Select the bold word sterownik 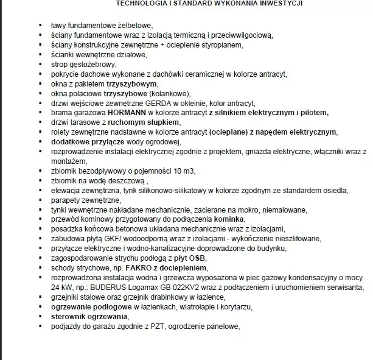coord(69,316)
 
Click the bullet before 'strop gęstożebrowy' coord(40,63)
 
